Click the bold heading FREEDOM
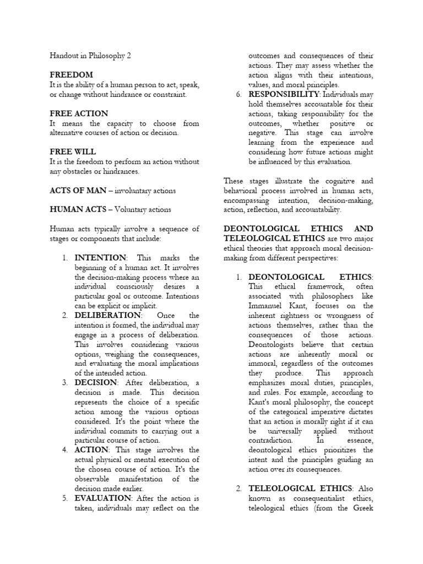(71, 74)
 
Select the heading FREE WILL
(72, 150)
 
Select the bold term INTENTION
(100, 257)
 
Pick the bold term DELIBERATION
(108, 315)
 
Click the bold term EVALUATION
(103, 498)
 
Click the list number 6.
(238, 94)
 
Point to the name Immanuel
(267, 306)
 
